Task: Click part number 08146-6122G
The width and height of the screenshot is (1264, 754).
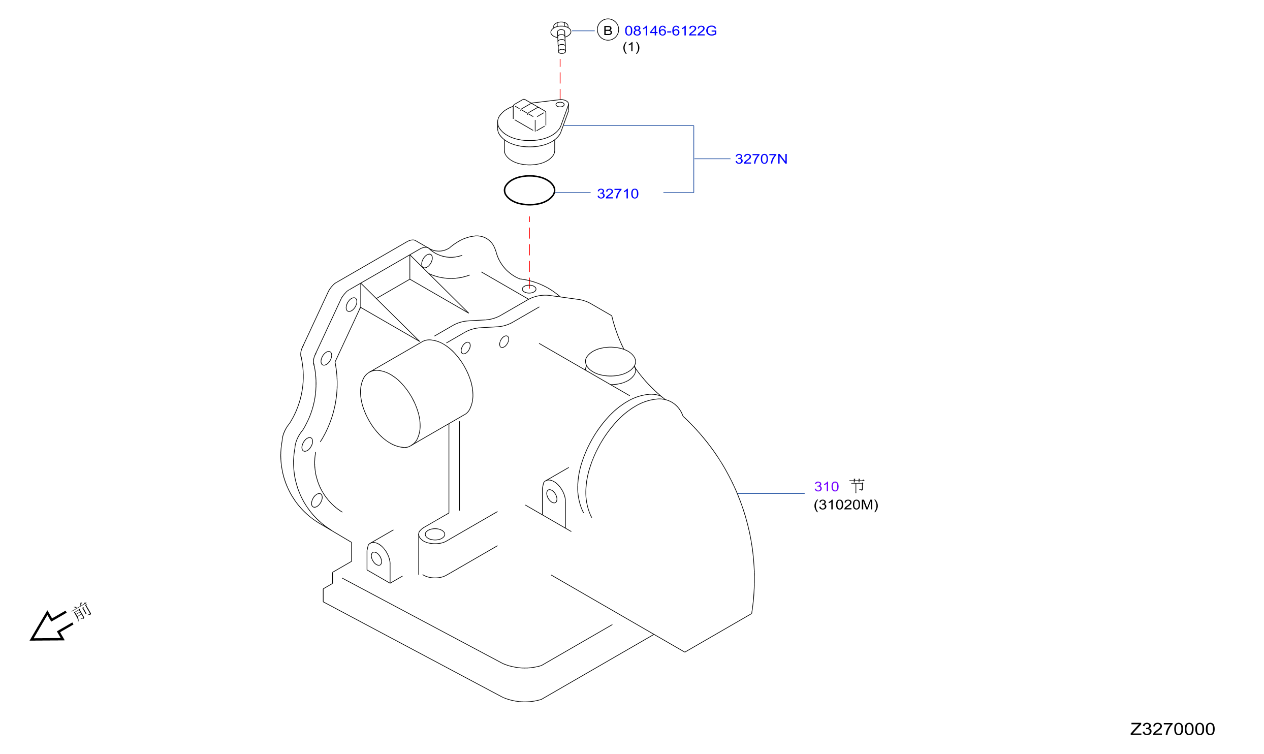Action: (x=670, y=31)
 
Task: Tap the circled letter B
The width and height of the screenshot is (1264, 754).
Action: (x=608, y=30)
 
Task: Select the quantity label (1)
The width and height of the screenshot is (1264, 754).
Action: (x=631, y=47)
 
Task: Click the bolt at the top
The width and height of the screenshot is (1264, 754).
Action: (x=561, y=37)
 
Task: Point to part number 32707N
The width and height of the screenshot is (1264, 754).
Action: (x=761, y=159)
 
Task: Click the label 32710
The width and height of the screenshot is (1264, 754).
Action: (x=618, y=194)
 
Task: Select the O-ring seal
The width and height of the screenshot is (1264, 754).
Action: (x=529, y=176)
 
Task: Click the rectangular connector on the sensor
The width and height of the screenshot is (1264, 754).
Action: (x=529, y=115)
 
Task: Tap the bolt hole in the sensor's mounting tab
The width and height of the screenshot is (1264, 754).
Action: (x=560, y=105)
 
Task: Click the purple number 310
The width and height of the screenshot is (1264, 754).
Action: (x=826, y=487)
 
